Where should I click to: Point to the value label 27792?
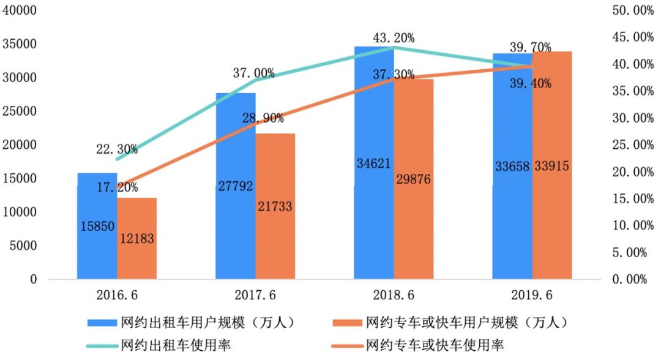tap(235, 186)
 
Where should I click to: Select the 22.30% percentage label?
tap(116, 149)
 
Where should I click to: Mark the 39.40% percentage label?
tap(531, 83)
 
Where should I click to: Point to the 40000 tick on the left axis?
tap(20, 11)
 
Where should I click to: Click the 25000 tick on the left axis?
tap(20, 111)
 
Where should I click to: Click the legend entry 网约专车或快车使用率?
tap(434, 345)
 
